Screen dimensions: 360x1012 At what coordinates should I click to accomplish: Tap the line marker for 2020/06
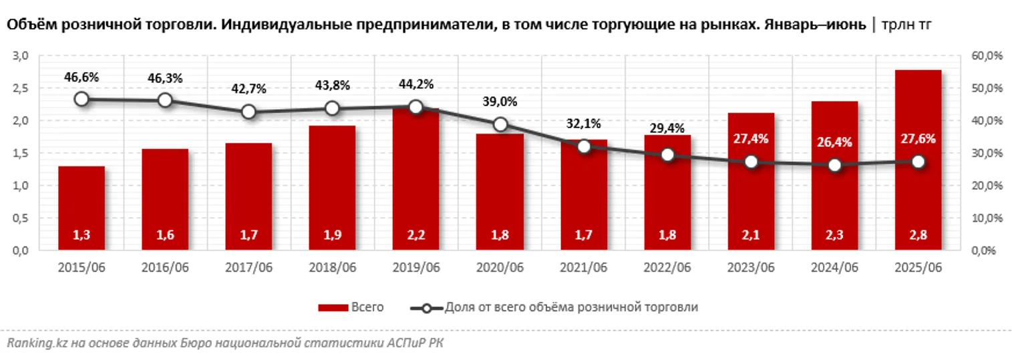click(x=500, y=124)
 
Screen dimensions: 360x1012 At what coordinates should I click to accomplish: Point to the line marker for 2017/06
click(x=248, y=112)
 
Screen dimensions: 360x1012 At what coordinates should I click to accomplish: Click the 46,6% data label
click(x=81, y=77)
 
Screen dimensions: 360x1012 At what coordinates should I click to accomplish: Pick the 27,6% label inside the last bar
click(x=918, y=139)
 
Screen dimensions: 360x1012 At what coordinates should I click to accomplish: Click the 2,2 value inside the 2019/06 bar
click(x=416, y=234)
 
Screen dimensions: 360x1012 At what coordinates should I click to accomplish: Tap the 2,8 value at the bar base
click(x=918, y=234)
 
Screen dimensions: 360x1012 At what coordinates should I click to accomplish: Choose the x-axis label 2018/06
click(x=333, y=268)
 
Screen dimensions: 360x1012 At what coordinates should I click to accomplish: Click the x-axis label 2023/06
click(x=751, y=268)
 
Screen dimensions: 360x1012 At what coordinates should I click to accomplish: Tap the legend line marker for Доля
click(x=424, y=308)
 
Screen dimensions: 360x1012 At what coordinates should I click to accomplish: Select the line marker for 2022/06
click(x=667, y=154)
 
